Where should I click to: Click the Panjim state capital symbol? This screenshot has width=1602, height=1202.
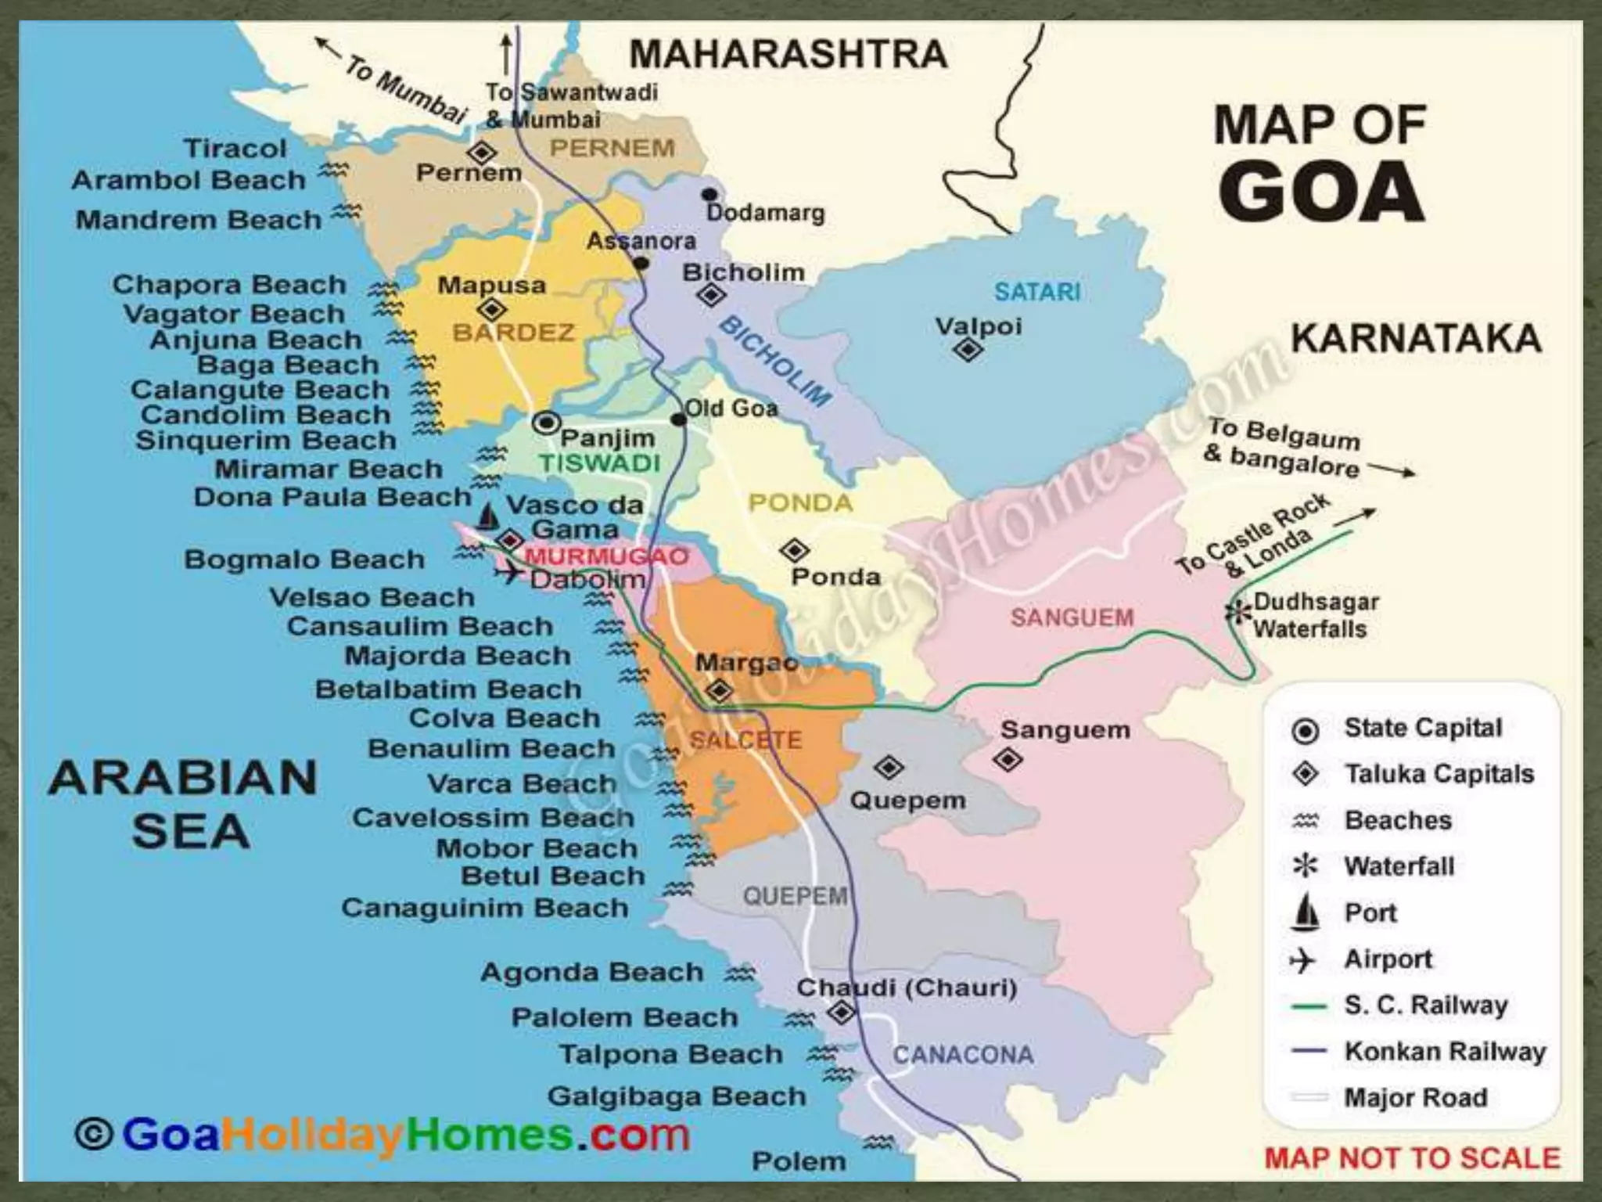pos(546,423)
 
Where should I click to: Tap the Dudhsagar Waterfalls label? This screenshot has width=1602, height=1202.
pos(1316,616)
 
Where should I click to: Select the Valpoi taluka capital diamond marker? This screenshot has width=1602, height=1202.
pos(968,349)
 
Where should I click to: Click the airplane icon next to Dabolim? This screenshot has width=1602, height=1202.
pos(510,573)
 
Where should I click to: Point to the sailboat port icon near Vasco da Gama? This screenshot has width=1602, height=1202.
pos(488,517)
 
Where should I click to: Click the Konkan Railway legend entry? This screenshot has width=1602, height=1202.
pos(1444,1051)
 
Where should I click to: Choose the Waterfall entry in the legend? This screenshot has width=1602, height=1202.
pos(1399,866)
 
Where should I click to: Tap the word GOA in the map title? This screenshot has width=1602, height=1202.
pos(1321,193)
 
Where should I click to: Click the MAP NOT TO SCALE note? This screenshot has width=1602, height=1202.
pos(1412,1157)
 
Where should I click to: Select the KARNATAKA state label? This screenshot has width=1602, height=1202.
pos(1415,339)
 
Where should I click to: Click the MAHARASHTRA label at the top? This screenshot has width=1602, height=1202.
pos(788,55)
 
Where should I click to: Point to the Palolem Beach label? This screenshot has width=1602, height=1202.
pos(625,1017)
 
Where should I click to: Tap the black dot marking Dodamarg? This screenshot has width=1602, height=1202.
pos(709,194)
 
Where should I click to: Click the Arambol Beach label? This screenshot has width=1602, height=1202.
pos(189,180)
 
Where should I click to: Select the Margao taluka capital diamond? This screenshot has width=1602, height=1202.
pos(719,691)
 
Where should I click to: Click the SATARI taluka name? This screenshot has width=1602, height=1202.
pos(1037,292)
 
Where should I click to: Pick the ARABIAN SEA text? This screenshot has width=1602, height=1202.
pos(185,804)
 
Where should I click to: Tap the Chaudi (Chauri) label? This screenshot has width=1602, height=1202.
pos(907,988)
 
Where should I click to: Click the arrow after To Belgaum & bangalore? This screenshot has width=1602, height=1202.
pos(1392,470)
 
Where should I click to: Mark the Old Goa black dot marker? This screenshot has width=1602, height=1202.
pos(678,420)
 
